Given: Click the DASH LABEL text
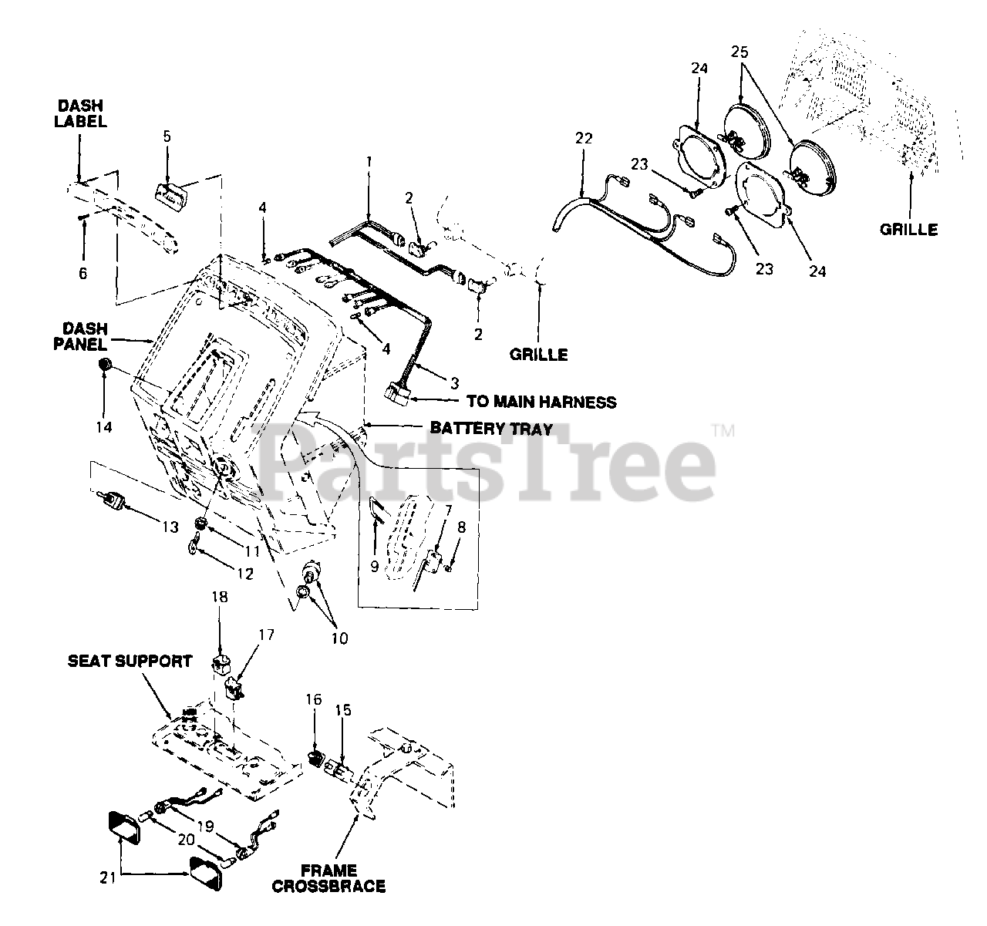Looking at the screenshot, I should pyautogui.click(x=80, y=113).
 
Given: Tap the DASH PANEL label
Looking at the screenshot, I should pyautogui.click(x=80, y=337).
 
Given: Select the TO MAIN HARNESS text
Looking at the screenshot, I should pyautogui.click(x=541, y=402).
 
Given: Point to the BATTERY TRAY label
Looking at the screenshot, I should pyautogui.click(x=490, y=428).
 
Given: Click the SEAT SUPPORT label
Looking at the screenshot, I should pyautogui.click(x=130, y=662).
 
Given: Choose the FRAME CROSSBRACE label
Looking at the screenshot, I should pyautogui.click(x=328, y=878).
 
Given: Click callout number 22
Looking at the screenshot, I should pyautogui.click(x=584, y=138).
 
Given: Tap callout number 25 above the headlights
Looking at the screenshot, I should pyautogui.click(x=740, y=52).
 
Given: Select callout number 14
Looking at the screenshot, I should pyautogui.click(x=104, y=426).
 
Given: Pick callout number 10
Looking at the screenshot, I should pyautogui.click(x=339, y=638).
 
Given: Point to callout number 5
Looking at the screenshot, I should pyautogui.click(x=167, y=136).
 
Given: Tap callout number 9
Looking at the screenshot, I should pyautogui.click(x=374, y=567).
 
